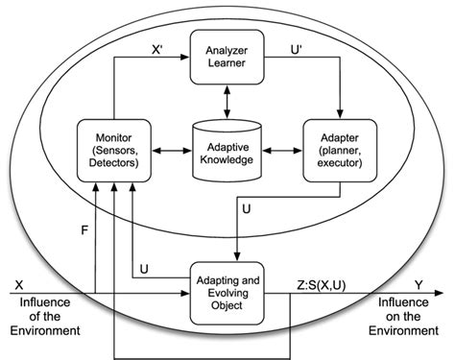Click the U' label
tap(299, 45)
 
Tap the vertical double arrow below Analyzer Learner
tap(227, 100)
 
